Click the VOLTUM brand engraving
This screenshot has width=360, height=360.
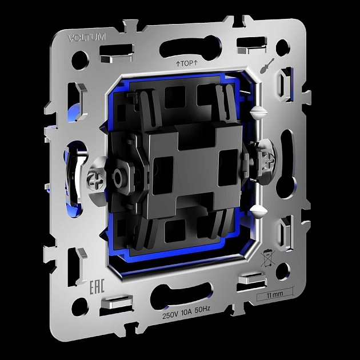tap(87, 37)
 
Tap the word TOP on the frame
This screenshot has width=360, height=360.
tap(187, 63)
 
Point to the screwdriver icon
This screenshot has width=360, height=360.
tap(267, 66)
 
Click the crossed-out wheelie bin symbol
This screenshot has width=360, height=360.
tap(267, 258)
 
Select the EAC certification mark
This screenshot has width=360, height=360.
tap(97, 286)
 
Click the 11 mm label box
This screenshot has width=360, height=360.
tap(275, 294)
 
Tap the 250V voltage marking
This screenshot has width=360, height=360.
tap(170, 315)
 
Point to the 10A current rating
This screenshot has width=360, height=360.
tap(186, 313)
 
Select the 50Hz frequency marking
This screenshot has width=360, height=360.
tap(202, 309)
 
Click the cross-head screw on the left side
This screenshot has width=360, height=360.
tap(95, 181)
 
